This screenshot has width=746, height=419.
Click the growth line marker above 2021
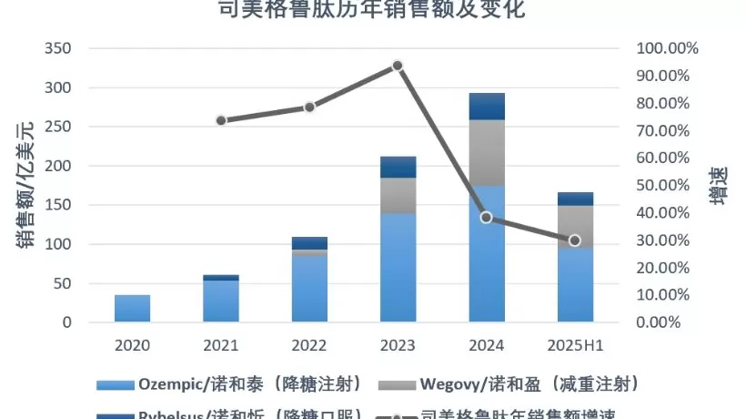(x=221, y=120)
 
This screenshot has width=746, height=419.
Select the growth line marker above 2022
(x=309, y=107)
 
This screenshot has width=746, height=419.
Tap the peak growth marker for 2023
(x=398, y=66)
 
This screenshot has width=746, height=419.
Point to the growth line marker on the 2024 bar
(x=487, y=217)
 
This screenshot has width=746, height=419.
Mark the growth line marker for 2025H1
(x=575, y=240)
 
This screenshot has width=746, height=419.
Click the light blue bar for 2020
(x=133, y=308)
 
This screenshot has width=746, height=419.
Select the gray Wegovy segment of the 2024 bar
(x=487, y=152)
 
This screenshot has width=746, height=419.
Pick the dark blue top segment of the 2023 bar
(x=398, y=167)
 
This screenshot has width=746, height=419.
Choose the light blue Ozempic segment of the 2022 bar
(x=309, y=289)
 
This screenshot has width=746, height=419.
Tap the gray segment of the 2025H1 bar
(x=575, y=227)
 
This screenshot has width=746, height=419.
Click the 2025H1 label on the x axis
(x=575, y=346)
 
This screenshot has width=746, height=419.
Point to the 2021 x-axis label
(x=221, y=346)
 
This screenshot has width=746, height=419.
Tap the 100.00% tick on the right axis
(x=667, y=48)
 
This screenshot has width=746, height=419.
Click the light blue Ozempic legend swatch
(x=116, y=383)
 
